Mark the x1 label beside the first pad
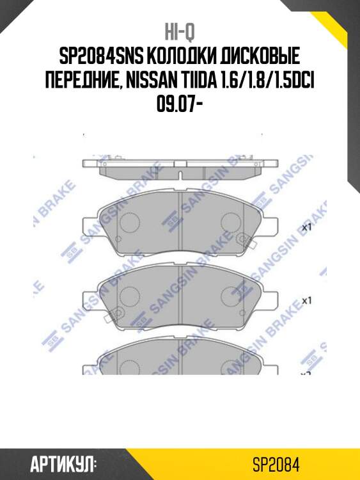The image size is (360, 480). pos(306,227)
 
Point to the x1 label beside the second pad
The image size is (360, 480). pos(306,300)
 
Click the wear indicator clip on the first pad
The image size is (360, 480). pos(244,241)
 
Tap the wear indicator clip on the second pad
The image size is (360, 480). pos(244,312)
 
